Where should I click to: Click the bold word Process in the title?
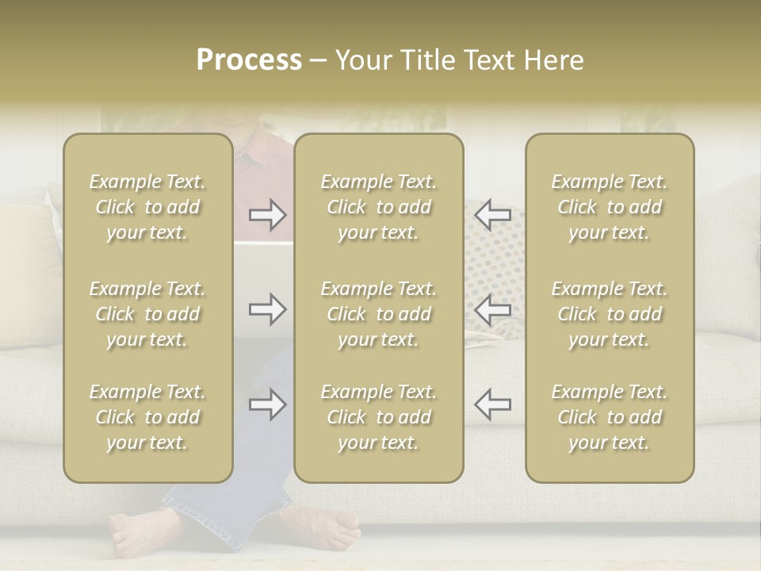point(249,60)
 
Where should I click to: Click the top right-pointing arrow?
point(268,215)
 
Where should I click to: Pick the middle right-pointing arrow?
point(268,309)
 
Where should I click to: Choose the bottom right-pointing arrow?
point(268,404)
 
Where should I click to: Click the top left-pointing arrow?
point(492,215)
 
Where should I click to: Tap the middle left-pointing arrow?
point(492,309)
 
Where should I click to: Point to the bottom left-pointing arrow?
point(492,404)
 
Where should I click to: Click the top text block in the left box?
point(147,207)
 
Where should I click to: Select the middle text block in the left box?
point(147,314)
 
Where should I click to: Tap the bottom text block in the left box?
point(147,417)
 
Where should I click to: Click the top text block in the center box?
point(378,207)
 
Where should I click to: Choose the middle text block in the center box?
point(378,314)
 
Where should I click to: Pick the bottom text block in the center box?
point(378,417)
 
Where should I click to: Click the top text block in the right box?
point(609,207)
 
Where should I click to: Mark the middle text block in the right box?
point(609,314)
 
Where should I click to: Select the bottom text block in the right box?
point(609,417)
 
